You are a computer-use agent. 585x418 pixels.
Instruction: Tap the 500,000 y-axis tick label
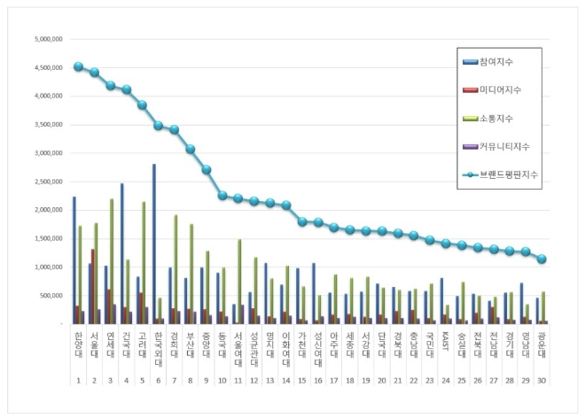point(47,295)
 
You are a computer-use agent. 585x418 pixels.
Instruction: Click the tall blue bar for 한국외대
point(153,244)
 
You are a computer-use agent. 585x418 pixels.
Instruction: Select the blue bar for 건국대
point(121,253)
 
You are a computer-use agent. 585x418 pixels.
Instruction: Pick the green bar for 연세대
point(112,261)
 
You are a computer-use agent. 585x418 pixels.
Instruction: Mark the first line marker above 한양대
point(78,66)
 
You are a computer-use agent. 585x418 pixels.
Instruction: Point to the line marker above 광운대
point(542,259)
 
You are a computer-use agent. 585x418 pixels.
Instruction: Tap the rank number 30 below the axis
point(541,380)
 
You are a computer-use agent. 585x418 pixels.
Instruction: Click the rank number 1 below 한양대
point(78,380)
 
